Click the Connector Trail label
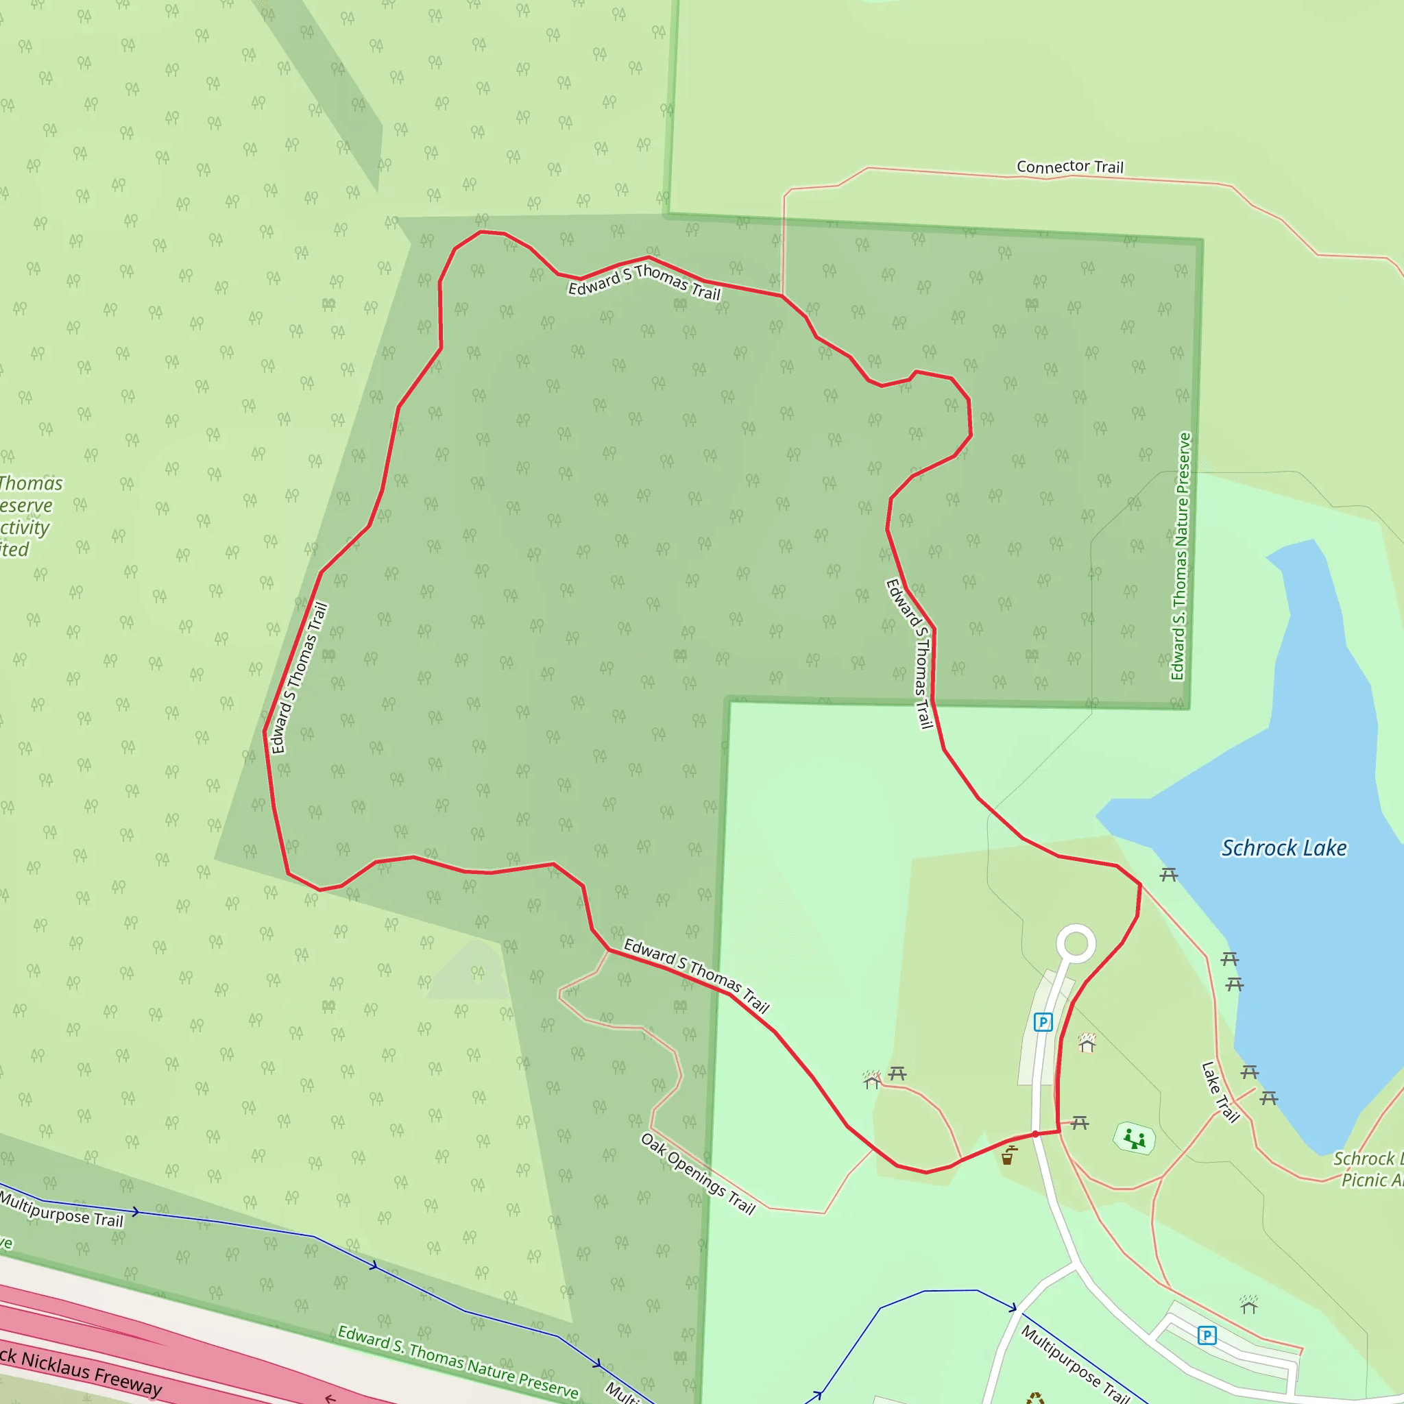pos(1069,167)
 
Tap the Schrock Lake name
pos(1283,848)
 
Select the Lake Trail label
pos(1220,1092)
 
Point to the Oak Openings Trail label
pos(698,1174)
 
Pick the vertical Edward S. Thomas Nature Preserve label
pos(1181,557)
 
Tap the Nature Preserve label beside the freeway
pos(458,1361)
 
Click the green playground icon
pos(1135,1138)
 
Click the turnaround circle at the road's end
pos(1076,944)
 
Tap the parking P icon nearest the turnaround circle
pos(1043,1022)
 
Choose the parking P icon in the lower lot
pos(1207,1335)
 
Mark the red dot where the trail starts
pos(1034,1135)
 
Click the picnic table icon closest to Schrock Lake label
pos(1169,875)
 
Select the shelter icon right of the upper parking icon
pos(1087,1043)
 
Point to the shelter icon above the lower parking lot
pos(1249,1305)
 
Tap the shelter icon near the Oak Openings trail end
pos(872,1080)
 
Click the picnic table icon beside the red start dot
pos(1080,1124)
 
